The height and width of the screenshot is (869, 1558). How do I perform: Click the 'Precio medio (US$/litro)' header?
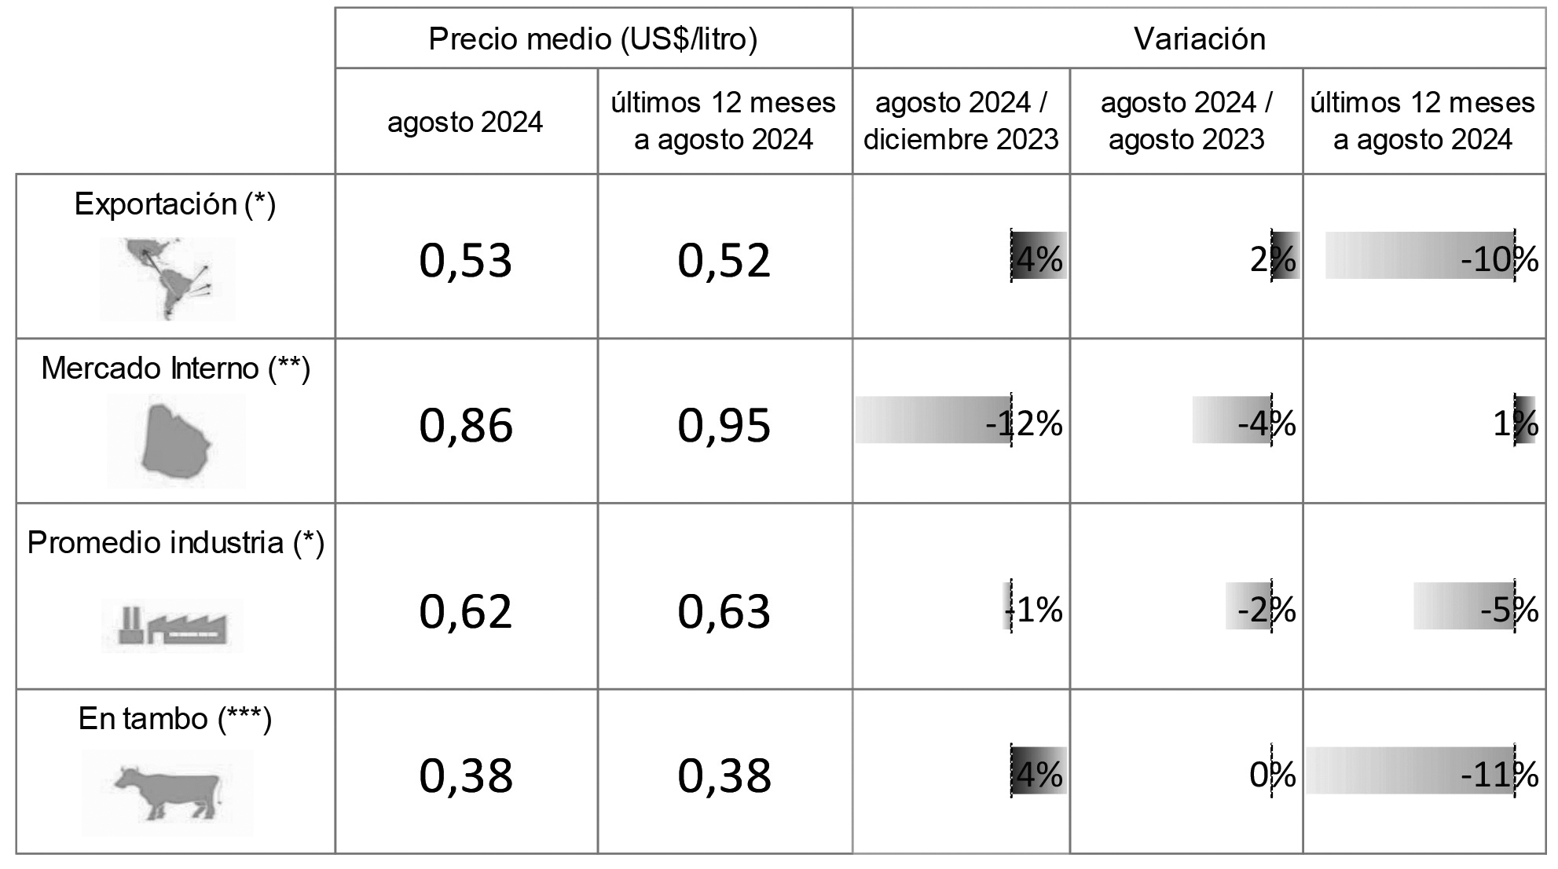(593, 38)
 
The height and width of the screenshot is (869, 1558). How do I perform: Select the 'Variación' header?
(1199, 38)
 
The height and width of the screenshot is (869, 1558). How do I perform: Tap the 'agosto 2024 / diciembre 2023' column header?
(961, 121)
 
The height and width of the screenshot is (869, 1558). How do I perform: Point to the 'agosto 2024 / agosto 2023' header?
(1186, 121)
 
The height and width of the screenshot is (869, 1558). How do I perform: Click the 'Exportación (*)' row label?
(175, 204)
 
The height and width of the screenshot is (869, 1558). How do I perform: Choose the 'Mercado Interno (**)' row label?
(175, 368)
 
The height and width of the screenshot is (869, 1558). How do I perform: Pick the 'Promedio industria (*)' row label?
(175, 543)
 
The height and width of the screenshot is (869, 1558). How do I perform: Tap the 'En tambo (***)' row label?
(175, 719)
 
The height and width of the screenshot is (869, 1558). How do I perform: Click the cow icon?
(167, 792)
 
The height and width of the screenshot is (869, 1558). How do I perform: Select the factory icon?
(172, 625)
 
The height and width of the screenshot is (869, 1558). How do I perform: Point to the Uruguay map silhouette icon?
(176, 441)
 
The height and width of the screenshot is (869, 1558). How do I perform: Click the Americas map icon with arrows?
(167, 278)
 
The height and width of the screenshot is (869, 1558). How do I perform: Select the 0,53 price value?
(466, 261)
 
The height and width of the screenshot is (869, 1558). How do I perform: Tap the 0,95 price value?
(724, 425)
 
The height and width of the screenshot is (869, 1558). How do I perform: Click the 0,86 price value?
(466, 425)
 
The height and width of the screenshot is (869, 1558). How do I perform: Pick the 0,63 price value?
(724, 611)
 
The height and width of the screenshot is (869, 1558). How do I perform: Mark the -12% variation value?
(1024, 424)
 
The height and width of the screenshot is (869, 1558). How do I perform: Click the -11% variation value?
(1499, 776)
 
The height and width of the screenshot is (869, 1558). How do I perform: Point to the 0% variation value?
(1272, 776)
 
